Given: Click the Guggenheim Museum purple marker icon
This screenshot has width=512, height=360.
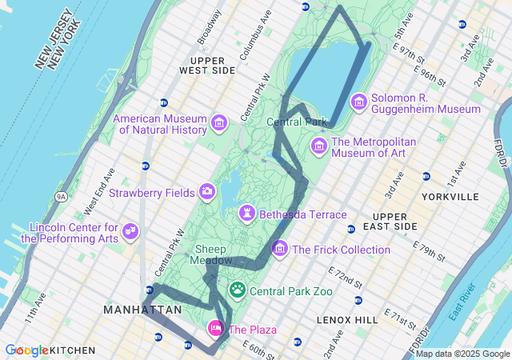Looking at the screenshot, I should click(358, 102).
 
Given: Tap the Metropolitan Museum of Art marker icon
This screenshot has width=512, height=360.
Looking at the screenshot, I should click(319, 146).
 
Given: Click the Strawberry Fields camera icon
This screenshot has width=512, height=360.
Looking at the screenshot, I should click(207, 191).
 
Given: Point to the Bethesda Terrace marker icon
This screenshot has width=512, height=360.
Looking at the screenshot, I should click(248, 214).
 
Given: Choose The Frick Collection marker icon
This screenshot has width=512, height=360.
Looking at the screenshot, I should click(280, 250).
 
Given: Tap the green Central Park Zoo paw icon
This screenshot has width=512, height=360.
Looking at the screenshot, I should click(238, 290).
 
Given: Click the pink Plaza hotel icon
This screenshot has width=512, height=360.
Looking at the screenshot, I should click(215, 328).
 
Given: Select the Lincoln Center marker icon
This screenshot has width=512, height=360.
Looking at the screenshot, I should click(130, 232).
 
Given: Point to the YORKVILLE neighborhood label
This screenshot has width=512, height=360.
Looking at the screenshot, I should click(451, 197).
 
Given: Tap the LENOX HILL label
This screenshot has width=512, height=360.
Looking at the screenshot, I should click(346, 320).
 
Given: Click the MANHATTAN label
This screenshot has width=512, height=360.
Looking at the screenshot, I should click(142, 310).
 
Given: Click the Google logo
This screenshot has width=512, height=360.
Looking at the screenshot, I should click(26, 350).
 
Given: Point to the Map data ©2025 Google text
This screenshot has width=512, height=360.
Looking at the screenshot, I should click(463, 354).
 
